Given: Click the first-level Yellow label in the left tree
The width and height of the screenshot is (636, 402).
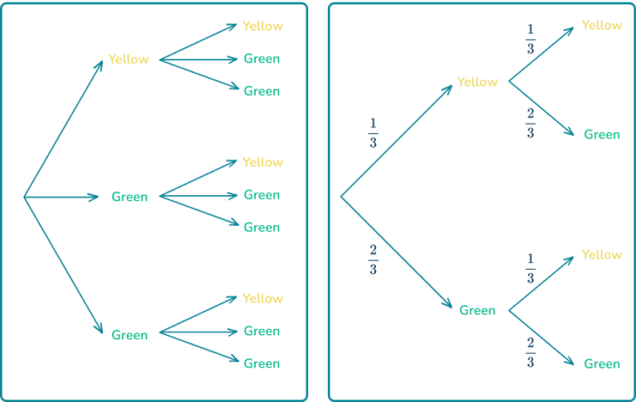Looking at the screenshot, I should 128,60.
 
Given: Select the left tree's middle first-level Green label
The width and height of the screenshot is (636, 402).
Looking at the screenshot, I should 129,197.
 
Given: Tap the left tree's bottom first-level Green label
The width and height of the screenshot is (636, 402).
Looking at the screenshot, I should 129,335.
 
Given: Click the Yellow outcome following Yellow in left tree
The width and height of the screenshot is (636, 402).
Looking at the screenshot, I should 263,26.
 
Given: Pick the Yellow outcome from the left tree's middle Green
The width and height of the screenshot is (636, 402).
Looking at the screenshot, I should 263,162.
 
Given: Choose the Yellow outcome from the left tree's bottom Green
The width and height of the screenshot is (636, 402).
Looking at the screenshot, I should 263,298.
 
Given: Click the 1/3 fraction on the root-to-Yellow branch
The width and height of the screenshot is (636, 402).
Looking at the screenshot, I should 373,132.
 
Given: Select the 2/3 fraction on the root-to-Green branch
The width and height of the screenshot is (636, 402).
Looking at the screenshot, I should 373,260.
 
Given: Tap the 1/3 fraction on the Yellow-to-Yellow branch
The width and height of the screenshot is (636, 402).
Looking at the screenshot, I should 530,39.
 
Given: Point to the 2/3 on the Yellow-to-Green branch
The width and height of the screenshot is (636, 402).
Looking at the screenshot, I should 530,122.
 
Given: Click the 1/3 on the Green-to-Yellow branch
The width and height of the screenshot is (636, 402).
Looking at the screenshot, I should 530,269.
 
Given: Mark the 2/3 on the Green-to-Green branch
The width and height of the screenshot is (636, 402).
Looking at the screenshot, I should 530,352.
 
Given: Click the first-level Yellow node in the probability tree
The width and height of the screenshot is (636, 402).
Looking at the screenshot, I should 477,82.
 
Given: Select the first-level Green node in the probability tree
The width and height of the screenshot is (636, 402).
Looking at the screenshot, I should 478,311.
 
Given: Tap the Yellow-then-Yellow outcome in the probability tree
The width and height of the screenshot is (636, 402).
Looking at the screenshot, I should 601,26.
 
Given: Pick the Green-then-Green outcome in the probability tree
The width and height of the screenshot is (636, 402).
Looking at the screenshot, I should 602,364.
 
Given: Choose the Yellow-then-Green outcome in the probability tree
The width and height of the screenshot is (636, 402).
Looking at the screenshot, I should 602,135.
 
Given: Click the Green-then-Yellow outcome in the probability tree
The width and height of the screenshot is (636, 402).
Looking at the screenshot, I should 601,255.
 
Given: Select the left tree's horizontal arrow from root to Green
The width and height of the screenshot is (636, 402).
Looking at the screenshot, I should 62,197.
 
